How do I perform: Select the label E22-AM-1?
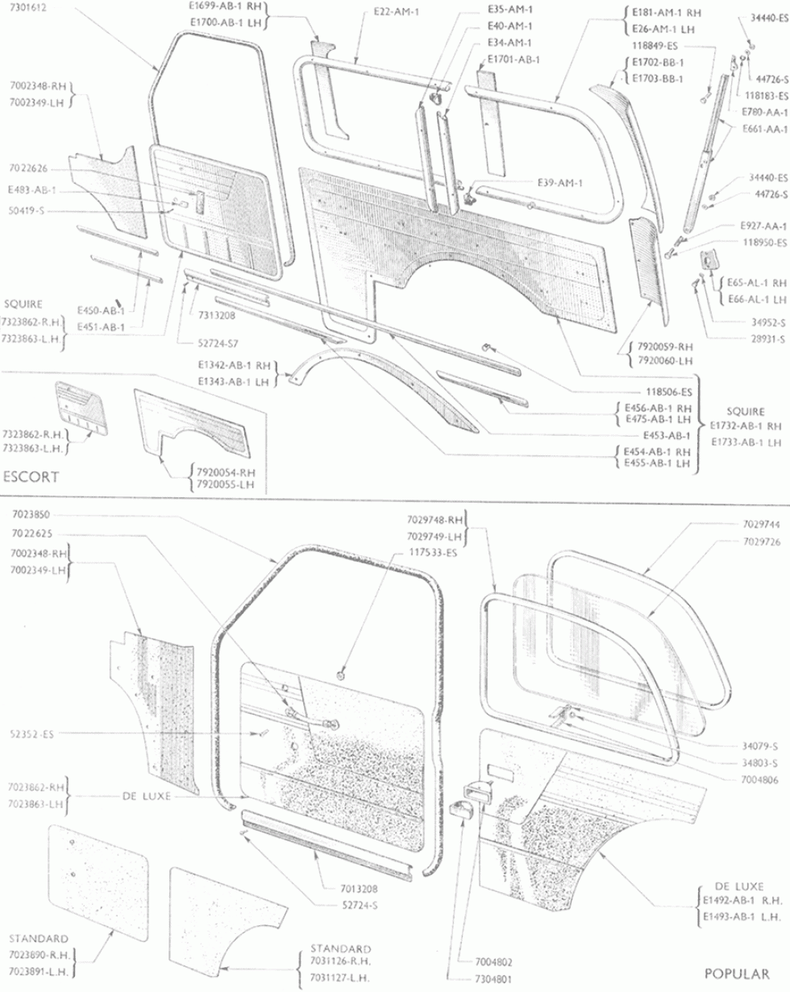pyautogui.click(x=397, y=12)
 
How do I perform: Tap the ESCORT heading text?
pyautogui.click(x=31, y=476)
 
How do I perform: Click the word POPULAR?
pyautogui.click(x=737, y=973)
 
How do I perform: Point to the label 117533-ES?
pyautogui.click(x=433, y=552)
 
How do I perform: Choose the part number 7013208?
pyautogui.click(x=360, y=888)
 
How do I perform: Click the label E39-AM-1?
pyautogui.click(x=560, y=183)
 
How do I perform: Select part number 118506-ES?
pyautogui.click(x=669, y=392)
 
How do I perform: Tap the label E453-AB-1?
pyautogui.click(x=667, y=435)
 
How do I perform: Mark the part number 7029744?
pyautogui.click(x=762, y=524)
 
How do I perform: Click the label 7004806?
pyautogui.click(x=759, y=779)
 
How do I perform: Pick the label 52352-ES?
pyautogui.click(x=31, y=734)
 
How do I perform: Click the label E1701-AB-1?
pyautogui.click(x=513, y=60)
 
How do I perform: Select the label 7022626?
pyautogui.click(x=28, y=168)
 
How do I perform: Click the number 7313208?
pyautogui.click(x=217, y=315)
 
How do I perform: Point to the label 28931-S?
pyautogui.click(x=768, y=338)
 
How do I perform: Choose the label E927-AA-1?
pyautogui.click(x=763, y=226)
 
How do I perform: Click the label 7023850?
pyautogui.click(x=31, y=514)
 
